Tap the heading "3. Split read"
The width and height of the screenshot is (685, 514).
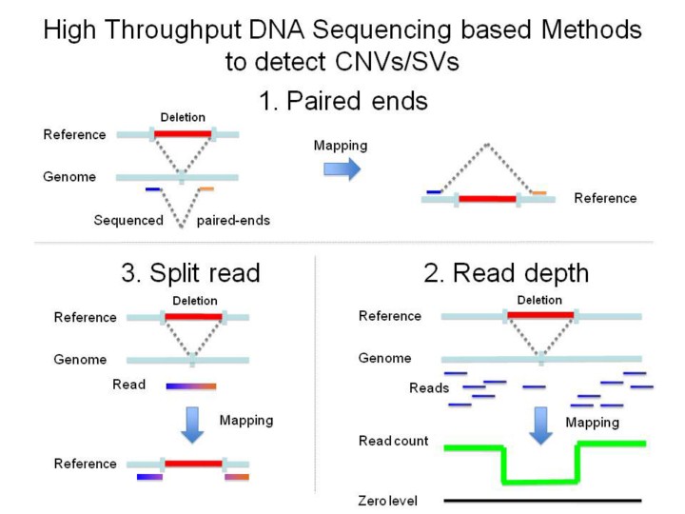click(x=190, y=273)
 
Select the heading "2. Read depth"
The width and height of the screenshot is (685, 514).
click(x=506, y=273)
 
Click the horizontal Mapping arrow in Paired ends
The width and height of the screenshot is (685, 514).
click(x=342, y=168)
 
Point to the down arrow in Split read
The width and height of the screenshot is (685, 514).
click(x=193, y=424)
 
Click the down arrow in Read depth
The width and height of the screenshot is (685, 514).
click(x=541, y=425)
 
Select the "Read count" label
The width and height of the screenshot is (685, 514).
click(x=393, y=442)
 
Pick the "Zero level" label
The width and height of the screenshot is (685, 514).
click(x=387, y=501)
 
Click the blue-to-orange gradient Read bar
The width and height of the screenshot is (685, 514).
click(x=191, y=385)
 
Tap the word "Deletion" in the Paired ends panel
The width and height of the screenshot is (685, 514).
click(x=182, y=118)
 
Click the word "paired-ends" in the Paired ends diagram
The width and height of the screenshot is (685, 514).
click(x=233, y=221)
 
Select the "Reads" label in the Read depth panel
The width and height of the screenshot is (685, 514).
click(x=428, y=388)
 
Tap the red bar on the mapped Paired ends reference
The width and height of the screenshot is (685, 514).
click(x=487, y=200)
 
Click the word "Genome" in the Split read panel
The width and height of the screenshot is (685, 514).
click(x=80, y=360)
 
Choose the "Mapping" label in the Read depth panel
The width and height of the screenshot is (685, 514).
click(x=593, y=421)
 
